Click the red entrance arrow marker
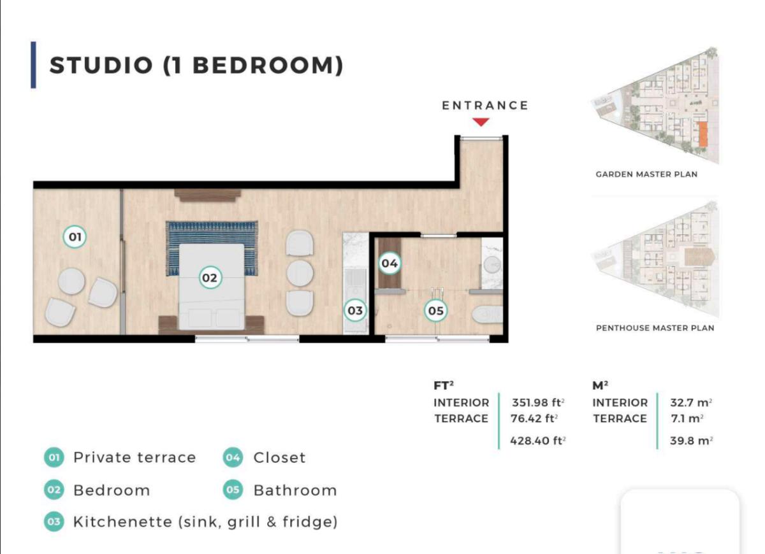pyautogui.click(x=481, y=122)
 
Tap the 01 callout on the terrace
pyautogui.click(x=75, y=237)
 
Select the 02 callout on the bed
pyautogui.click(x=210, y=278)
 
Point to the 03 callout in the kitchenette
pyautogui.click(x=355, y=311)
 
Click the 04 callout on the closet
pyautogui.click(x=390, y=264)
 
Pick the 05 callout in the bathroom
pyautogui.click(x=436, y=311)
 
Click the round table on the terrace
pyautogui.click(x=71, y=281)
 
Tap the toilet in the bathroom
pyautogui.click(x=487, y=315)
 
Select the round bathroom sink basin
pyautogui.click(x=492, y=265)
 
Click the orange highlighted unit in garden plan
pyautogui.click(x=703, y=134)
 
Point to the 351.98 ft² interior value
pyautogui.click(x=538, y=403)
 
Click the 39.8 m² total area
pyautogui.click(x=691, y=441)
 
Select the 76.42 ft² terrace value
pyautogui.click(x=534, y=418)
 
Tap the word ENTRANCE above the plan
pyautogui.click(x=485, y=106)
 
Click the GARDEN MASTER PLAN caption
pyautogui.click(x=646, y=174)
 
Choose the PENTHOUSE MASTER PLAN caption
pyautogui.click(x=655, y=328)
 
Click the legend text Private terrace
pyautogui.click(x=135, y=457)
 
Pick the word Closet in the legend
pyautogui.click(x=279, y=457)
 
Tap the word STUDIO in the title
pyautogui.click(x=101, y=65)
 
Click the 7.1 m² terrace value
pyautogui.click(x=687, y=418)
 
